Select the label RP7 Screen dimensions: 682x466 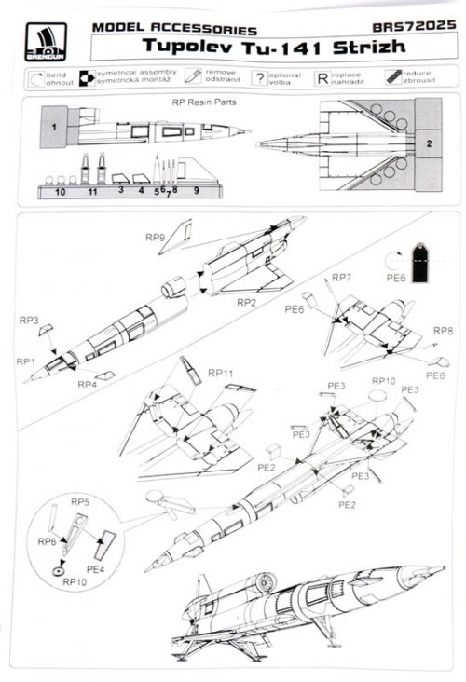(x=342, y=279)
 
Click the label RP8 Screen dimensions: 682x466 (x=443, y=331)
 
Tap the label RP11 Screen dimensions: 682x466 (x=221, y=373)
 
